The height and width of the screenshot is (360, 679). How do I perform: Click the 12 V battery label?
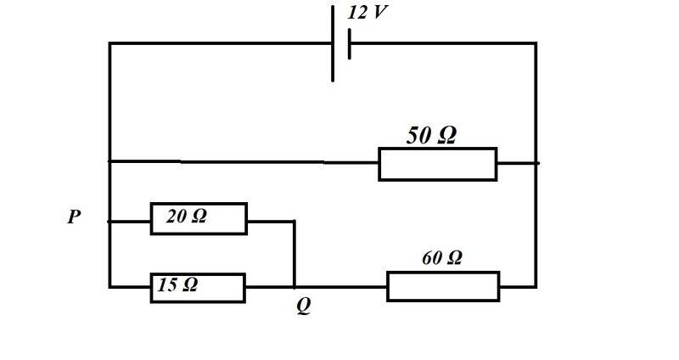tap(367, 12)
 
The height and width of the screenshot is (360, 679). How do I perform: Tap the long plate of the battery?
tap(333, 43)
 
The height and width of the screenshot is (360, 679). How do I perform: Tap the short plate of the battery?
tap(349, 44)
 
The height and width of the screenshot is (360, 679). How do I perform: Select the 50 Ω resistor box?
tap(438, 164)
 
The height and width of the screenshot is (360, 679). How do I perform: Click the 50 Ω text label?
tap(431, 135)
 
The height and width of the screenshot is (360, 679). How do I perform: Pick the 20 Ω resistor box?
tap(199, 219)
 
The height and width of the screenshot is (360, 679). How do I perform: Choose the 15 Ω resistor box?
tap(198, 288)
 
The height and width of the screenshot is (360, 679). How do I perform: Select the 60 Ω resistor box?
tap(443, 286)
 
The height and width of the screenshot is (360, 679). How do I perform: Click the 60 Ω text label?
tap(441, 258)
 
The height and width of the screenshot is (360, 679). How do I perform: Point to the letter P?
tap(74, 217)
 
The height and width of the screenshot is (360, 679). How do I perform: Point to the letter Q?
tap(304, 306)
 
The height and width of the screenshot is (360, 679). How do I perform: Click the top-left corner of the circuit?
tap(110, 43)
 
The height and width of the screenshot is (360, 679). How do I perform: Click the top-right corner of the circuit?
tap(536, 43)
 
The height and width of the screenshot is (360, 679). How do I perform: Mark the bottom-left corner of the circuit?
tap(110, 287)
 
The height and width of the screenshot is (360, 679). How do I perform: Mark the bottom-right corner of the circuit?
tap(536, 287)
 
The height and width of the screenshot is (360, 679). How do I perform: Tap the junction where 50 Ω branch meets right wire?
tap(536, 163)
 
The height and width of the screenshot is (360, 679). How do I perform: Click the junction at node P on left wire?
tap(110, 222)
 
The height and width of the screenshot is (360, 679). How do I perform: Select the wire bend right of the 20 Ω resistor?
tap(295, 222)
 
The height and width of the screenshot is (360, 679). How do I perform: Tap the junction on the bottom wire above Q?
tap(295, 287)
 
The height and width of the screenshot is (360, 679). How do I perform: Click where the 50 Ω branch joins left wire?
tap(110, 161)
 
